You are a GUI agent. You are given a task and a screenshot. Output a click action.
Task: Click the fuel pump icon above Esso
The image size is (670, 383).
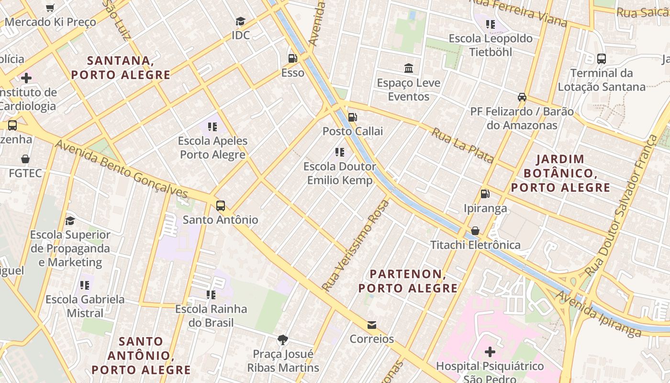(x=292, y=58)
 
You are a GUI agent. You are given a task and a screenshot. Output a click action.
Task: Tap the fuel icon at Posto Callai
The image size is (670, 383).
(x=353, y=117)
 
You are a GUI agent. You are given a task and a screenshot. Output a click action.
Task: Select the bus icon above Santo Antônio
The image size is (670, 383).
(x=220, y=206)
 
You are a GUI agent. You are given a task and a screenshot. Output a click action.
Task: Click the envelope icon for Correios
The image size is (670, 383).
(x=371, y=325)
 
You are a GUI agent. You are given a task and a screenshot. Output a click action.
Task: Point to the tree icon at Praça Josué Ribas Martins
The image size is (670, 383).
(x=283, y=340)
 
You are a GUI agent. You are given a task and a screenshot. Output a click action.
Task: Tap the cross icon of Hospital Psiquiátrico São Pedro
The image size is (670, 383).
(x=490, y=352)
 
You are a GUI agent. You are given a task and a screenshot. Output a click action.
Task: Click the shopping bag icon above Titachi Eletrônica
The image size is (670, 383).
(x=475, y=231)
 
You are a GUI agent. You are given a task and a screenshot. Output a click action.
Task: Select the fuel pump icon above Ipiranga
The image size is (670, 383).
(x=485, y=194)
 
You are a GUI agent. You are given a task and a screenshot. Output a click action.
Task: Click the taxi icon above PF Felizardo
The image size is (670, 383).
(x=522, y=97)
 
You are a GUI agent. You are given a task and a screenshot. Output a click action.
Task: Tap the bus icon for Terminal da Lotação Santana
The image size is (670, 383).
(x=602, y=59)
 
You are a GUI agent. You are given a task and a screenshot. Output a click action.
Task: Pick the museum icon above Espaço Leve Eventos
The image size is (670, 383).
(x=409, y=68)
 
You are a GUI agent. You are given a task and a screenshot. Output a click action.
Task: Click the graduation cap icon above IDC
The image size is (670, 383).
(x=240, y=22)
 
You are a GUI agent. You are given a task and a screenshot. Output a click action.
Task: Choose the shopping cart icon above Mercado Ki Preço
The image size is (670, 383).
(x=50, y=8)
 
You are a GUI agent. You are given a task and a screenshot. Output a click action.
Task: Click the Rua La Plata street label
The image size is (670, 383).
(x=462, y=146)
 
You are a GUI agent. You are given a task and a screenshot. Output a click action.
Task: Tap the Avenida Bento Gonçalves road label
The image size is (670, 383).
(x=122, y=169)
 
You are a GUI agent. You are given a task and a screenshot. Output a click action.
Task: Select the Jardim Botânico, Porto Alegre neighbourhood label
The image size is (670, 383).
(x=560, y=173)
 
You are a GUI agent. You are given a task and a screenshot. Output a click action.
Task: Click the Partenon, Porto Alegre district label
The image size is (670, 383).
(x=408, y=281)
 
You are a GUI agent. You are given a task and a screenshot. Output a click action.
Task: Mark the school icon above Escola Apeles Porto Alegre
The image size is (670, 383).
(x=212, y=127)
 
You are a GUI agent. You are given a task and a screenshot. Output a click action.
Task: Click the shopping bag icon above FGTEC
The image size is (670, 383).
(x=25, y=159)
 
